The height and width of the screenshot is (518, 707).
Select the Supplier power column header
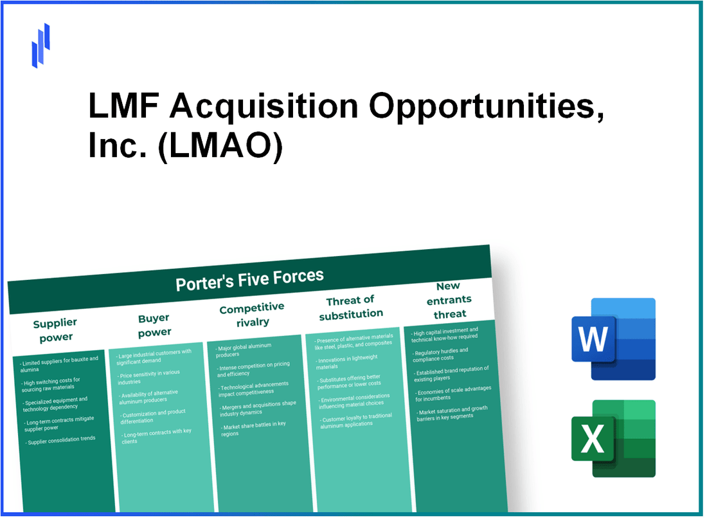click(x=55, y=329)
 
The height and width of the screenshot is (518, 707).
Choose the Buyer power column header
click(x=154, y=325)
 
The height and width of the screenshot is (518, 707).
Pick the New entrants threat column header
click(x=449, y=299)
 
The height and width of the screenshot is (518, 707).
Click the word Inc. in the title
click(x=109, y=147)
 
